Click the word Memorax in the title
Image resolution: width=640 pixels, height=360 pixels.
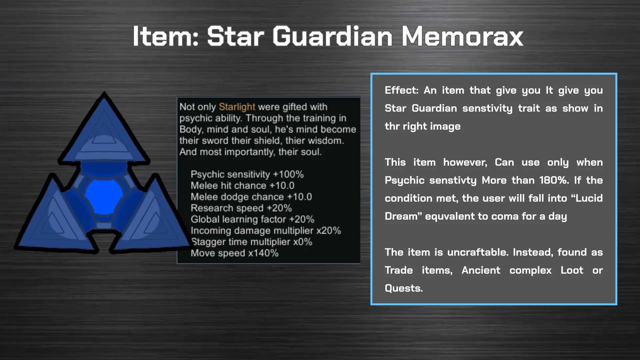click(x=462, y=36)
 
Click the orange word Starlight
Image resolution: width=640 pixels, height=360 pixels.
click(x=237, y=107)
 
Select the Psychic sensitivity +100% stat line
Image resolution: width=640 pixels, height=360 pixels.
click(x=247, y=174)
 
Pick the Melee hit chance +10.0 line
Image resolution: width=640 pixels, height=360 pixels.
click(x=242, y=186)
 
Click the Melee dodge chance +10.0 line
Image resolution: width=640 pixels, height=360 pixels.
click(x=251, y=197)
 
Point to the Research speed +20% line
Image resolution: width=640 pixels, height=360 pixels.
click(x=241, y=208)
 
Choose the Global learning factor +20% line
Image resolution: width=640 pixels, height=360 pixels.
click(x=252, y=219)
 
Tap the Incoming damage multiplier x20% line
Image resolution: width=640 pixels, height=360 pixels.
click(x=266, y=231)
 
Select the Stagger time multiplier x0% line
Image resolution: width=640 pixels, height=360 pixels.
click(x=251, y=242)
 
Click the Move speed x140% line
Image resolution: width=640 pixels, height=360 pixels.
click(x=234, y=253)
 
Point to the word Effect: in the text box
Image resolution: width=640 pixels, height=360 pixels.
click(x=401, y=90)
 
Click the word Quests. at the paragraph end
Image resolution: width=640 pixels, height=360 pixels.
click(x=404, y=288)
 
